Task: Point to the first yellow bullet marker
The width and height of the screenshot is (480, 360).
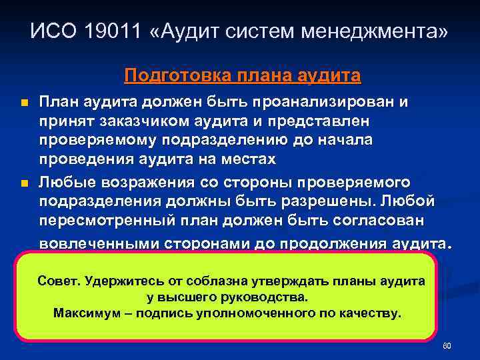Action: click(x=25, y=105)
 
